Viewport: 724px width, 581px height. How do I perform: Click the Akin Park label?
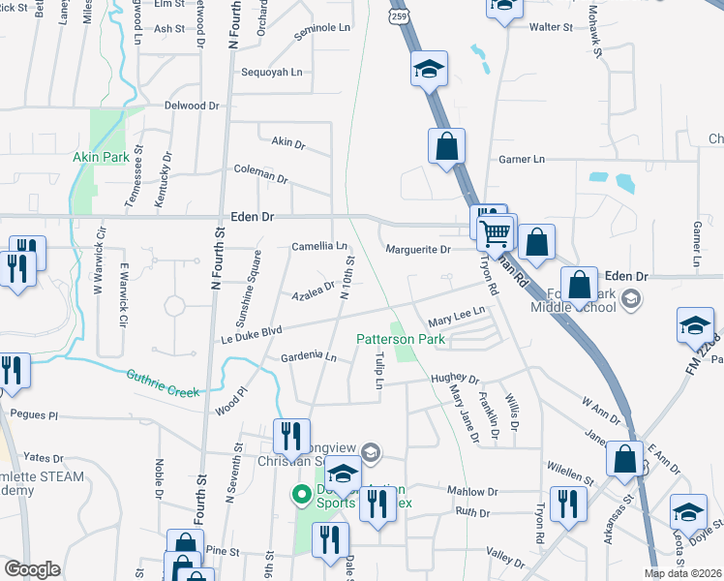click(x=101, y=157)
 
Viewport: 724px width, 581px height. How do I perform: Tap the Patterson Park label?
click(x=401, y=340)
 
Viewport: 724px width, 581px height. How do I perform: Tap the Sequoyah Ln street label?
click(x=271, y=73)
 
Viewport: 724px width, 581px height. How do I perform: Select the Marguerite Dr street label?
click(x=419, y=250)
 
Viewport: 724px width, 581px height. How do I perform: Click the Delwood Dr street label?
click(x=192, y=105)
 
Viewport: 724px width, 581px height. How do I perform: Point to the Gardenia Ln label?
click(x=308, y=357)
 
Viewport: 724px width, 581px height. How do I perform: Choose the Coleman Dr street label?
click(x=261, y=173)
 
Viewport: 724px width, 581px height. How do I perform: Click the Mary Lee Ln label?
click(x=455, y=318)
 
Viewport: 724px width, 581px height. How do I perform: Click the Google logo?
click(x=32, y=569)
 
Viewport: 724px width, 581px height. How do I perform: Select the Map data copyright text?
click(x=683, y=573)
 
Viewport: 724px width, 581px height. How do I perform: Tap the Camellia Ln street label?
click(x=319, y=247)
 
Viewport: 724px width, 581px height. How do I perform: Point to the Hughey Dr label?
click(x=455, y=380)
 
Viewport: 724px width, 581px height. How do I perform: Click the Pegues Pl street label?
click(x=34, y=414)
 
